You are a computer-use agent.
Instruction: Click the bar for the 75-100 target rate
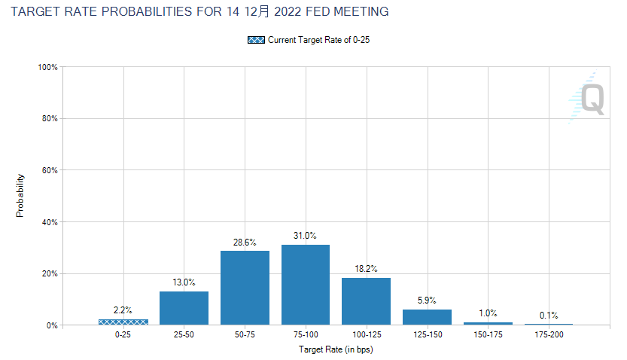tap(306, 285)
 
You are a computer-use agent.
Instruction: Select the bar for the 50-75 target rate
tap(245, 288)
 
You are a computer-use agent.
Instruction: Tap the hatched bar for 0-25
tap(123, 322)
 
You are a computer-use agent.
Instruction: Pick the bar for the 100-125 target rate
tap(366, 301)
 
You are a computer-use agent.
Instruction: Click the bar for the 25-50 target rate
tap(184, 308)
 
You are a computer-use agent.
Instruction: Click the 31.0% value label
tap(306, 236)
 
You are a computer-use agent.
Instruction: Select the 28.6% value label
tap(245, 243)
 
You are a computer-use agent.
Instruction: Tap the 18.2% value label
tap(366, 270)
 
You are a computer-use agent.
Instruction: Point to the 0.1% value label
tap(549, 316)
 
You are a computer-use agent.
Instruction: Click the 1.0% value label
tap(488, 313)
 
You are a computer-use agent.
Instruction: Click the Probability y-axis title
tap(20, 196)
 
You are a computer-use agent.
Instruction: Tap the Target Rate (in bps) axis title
tap(336, 350)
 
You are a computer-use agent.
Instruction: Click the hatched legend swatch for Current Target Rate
tap(256, 40)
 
